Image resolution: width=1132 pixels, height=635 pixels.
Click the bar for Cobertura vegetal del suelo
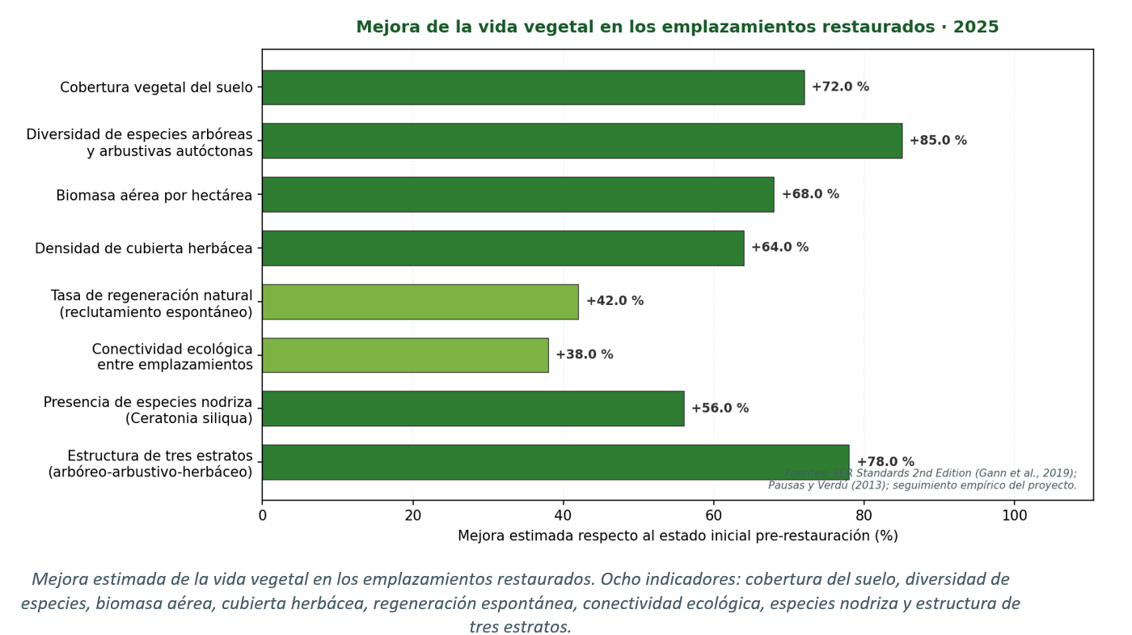[x=533, y=87]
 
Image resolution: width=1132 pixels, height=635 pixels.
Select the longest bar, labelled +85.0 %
[x=581, y=141]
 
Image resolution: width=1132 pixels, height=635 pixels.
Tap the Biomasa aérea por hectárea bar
[x=517, y=195]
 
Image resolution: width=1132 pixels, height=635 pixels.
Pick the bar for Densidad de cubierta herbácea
[x=502, y=248]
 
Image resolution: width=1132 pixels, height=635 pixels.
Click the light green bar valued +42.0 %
[x=420, y=302]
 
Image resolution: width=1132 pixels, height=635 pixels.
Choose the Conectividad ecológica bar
[x=404, y=355]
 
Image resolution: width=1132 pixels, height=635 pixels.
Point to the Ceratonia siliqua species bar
[x=472, y=409]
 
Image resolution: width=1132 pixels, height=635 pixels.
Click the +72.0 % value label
[x=840, y=87]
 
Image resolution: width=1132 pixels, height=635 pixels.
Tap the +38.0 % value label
[x=584, y=355]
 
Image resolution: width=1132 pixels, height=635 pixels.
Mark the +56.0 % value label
[x=720, y=409]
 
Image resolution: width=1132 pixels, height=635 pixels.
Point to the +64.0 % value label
[x=779, y=248]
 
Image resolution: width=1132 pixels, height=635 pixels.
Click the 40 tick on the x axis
[x=564, y=515]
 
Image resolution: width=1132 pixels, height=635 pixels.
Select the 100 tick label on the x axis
[x=1014, y=515]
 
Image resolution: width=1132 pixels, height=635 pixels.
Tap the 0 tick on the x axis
[x=262, y=515]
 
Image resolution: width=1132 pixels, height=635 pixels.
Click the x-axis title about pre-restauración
[x=678, y=536]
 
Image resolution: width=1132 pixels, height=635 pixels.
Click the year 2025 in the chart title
[x=976, y=28]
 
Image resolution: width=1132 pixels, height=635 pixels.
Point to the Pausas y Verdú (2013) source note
[x=819, y=485]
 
